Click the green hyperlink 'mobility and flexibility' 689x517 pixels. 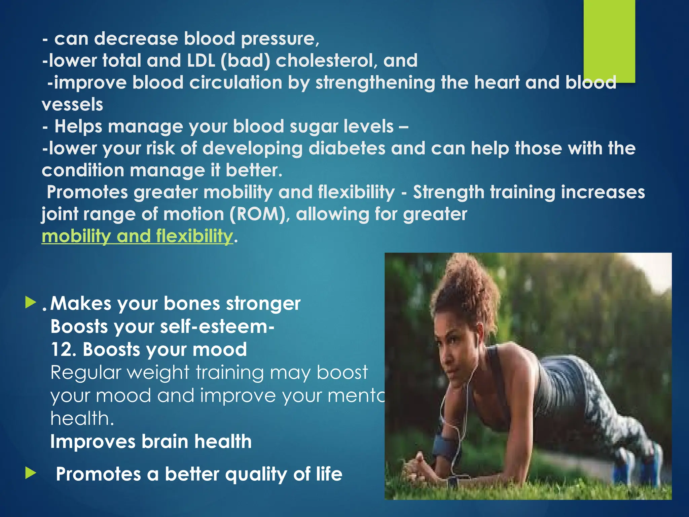pyautogui.click(x=137, y=236)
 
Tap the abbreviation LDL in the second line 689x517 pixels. pyautogui.click(x=201, y=61)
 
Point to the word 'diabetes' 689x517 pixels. pyautogui.click(x=347, y=148)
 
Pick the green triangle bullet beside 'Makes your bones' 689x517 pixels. pyautogui.click(x=30, y=302)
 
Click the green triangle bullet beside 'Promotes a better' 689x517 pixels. pyautogui.click(x=30, y=473)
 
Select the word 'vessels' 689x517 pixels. pyautogui.click(x=72, y=105)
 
